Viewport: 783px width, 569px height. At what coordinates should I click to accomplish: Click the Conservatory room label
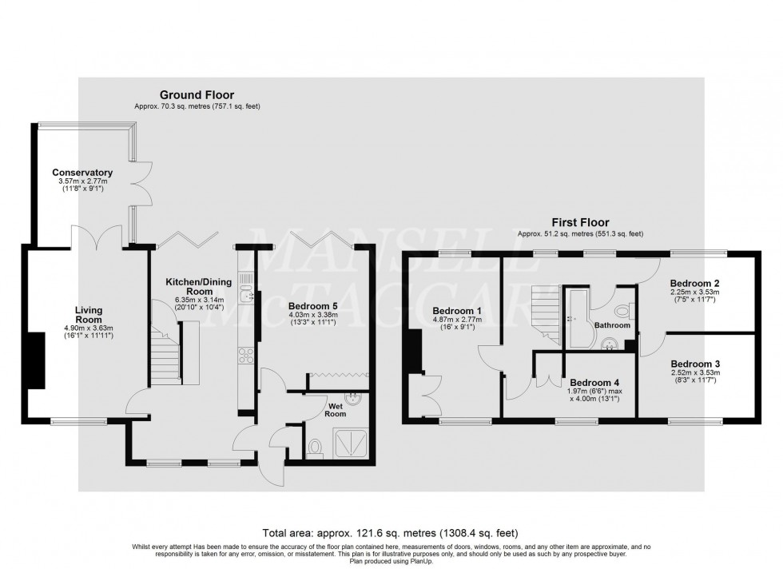click(x=82, y=173)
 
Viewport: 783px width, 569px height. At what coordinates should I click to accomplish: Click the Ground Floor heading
click(x=197, y=95)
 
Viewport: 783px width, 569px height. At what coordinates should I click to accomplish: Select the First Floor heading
click(x=579, y=223)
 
